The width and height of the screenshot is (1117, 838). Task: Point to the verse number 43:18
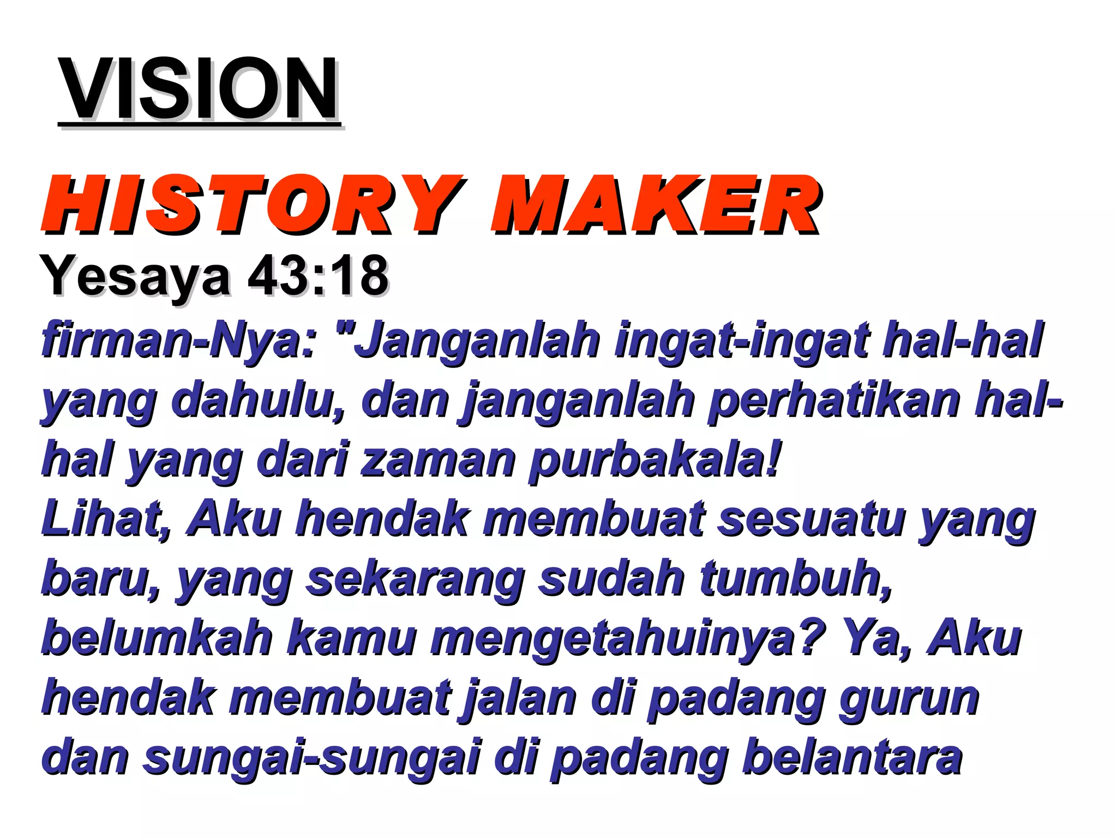318,275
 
